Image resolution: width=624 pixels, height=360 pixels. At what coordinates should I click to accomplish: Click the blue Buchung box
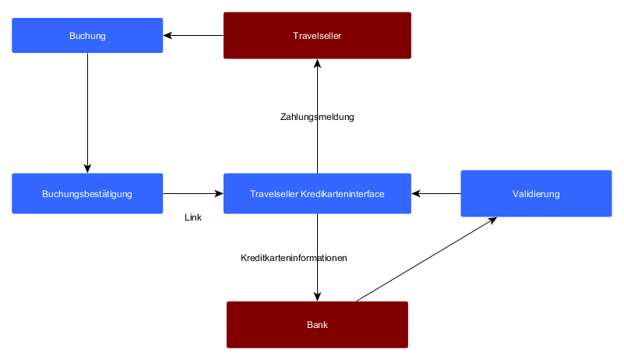coord(87,36)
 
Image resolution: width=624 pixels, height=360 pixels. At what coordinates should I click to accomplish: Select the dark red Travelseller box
coord(317,36)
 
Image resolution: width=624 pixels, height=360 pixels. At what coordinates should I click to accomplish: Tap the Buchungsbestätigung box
coord(87,193)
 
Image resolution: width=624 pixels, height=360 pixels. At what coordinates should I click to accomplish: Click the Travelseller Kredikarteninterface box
coord(317,193)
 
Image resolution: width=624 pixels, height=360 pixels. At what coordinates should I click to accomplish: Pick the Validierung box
coord(536,193)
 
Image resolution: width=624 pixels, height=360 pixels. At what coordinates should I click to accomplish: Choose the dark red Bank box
coord(317,324)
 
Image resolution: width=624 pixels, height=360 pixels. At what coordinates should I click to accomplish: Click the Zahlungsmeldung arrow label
coord(317,118)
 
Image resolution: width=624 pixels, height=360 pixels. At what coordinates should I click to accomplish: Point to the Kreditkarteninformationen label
coord(294,258)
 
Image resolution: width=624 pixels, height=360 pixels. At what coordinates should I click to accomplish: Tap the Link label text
coord(193,218)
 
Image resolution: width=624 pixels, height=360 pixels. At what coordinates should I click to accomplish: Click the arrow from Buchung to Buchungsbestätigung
coord(87,109)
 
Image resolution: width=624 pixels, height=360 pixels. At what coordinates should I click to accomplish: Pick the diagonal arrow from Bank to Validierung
coord(425,259)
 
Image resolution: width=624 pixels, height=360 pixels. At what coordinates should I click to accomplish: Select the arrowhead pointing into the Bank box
coord(317,297)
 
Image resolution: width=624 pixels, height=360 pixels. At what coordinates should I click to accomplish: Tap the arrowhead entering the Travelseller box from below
coord(317,65)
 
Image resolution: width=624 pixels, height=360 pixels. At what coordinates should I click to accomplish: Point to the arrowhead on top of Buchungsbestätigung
coord(87,168)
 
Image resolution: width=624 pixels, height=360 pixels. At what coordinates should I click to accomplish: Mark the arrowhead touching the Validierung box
coord(492,220)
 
